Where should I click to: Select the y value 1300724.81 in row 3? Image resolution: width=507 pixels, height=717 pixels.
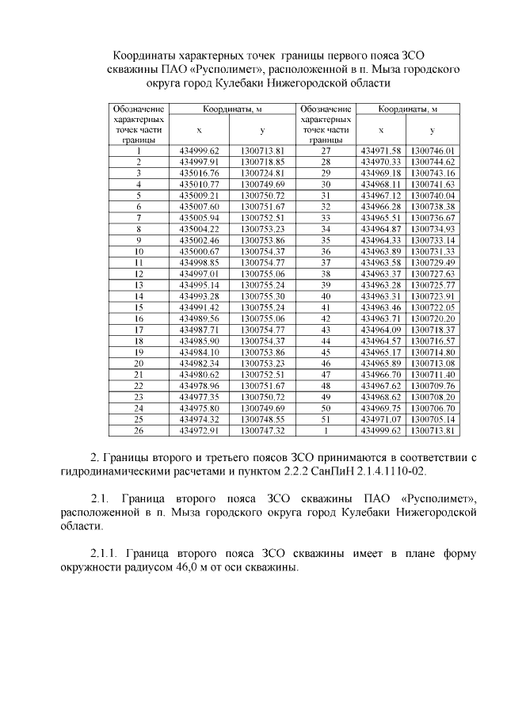coord(261,172)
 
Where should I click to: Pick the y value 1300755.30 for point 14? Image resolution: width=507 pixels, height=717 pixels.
coord(261,296)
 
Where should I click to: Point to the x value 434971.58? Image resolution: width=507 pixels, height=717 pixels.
coord(381,150)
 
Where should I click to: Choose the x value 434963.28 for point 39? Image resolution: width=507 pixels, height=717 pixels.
coord(381,284)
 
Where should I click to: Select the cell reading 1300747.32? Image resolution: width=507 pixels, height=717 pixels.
coord(261,430)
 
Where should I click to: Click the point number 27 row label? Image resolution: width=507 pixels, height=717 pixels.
coord(325,150)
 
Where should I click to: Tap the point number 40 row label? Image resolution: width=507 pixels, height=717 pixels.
coord(325,296)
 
